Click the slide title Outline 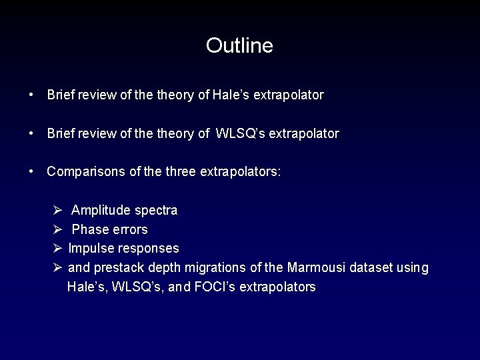[239, 45]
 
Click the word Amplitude [101, 211]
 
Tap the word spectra [156, 211]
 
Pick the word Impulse [90, 248]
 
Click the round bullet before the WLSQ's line [32, 133]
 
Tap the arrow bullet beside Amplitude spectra [58, 211]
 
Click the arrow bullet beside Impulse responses [58, 248]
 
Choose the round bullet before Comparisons [32, 171]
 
